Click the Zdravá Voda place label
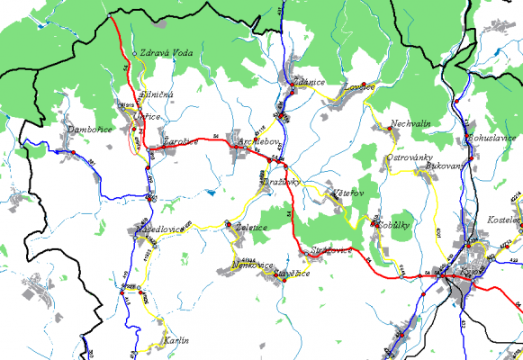click(166, 51)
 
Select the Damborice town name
click(90, 130)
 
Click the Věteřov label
click(347, 193)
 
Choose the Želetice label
click(250, 228)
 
